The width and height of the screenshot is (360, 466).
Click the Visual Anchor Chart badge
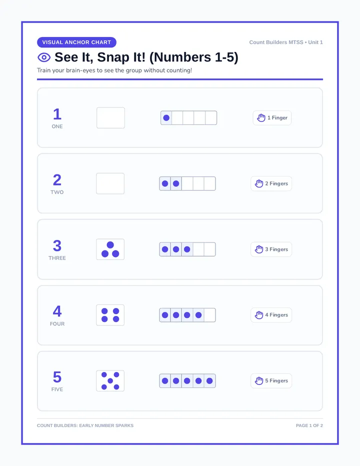click(76, 42)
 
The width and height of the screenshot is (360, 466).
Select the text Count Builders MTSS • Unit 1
click(286, 42)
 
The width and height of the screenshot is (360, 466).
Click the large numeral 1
click(57, 114)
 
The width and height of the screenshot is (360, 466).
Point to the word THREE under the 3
click(57, 258)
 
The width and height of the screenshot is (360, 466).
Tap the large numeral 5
click(57, 377)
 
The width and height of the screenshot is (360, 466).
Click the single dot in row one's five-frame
click(166, 117)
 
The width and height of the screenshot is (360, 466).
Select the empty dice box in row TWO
click(110, 183)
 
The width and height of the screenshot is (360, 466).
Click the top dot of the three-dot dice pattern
click(110, 245)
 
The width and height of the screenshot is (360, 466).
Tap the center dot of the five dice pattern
click(110, 380)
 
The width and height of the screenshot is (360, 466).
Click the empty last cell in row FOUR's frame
click(210, 315)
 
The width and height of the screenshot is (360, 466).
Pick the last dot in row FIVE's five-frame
click(209, 380)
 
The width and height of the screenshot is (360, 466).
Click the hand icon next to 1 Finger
click(261, 117)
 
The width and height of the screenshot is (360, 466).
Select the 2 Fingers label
click(276, 183)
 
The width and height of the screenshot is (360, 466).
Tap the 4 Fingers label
click(276, 314)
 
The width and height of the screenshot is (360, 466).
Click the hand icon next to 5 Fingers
click(259, 380)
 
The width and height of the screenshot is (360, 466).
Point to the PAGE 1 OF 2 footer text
click(309, 425)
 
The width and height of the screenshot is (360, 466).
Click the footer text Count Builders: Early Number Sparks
click(85, 425)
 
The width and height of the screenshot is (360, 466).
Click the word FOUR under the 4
click(57, 323)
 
